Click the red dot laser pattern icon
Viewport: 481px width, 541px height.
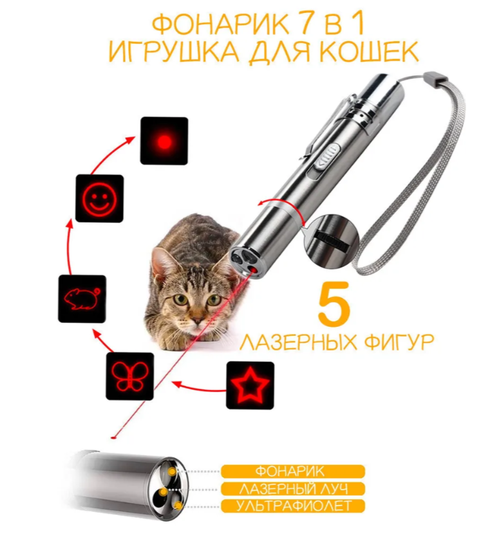click(x=164, y=140)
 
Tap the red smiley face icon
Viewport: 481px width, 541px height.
click(x=99, y=197)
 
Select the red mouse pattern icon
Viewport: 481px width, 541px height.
click(x=81, y=298)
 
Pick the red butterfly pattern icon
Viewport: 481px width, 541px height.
click(x=129, y=376)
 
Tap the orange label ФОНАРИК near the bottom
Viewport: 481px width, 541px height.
click(x=293, y=472)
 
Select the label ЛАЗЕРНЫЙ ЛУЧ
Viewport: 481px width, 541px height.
click(x=293, y=489)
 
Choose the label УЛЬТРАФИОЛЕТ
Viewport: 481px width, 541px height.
click(x=293, y=506)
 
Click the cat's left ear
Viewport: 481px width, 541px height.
click(x=162, y=261)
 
